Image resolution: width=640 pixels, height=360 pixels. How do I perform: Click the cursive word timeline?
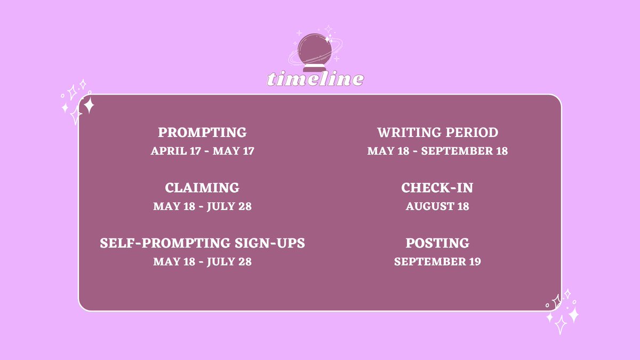tap(315, 79)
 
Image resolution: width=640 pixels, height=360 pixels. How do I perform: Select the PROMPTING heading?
tap(202, 132)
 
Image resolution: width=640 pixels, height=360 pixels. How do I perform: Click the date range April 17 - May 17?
tap(202, 151)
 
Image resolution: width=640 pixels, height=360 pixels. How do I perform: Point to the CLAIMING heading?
tap(202, 188)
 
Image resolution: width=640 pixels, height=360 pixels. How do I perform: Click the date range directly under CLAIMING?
tap(202, 206)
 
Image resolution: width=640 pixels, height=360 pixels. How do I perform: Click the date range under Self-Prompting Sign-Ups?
tap(202, 262)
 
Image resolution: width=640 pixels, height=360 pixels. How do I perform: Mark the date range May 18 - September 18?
tap(437, 151)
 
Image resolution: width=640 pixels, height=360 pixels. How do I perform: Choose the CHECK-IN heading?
tap(437, 188)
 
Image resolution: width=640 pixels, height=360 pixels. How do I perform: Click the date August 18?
tap(437, 206)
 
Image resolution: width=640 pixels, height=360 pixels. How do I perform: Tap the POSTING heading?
tap(437, 243)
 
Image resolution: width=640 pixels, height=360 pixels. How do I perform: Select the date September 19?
tap(437, 262)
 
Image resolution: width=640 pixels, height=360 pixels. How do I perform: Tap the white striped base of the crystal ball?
tap(315, 67)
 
